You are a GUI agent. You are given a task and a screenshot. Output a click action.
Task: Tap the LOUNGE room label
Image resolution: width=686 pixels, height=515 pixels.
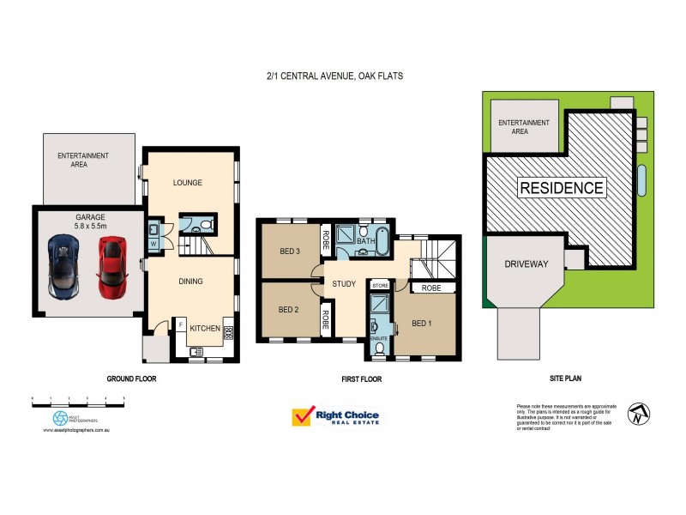point(186,182)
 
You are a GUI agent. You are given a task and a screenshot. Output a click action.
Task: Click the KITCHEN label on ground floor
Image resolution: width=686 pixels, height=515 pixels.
point(205,329)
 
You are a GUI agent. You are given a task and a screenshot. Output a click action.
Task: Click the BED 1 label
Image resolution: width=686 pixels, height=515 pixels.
point(422,324)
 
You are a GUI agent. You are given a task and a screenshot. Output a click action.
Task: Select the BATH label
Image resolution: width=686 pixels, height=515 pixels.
point(367,243)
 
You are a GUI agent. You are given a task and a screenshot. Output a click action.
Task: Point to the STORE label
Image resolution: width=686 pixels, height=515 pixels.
point(381,285)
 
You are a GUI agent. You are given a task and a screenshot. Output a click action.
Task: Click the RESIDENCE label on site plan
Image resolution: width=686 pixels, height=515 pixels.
point(562,188)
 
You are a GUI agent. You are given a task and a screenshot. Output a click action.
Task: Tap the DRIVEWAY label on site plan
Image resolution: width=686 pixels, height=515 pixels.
point(525,264)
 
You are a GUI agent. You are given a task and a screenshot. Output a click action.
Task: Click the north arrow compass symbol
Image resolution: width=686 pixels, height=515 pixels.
point(637,414)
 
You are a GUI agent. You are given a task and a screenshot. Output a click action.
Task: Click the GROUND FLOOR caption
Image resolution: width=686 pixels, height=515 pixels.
point(131,379)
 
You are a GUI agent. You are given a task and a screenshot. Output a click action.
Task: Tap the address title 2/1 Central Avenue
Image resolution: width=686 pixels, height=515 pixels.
point(334,76)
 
